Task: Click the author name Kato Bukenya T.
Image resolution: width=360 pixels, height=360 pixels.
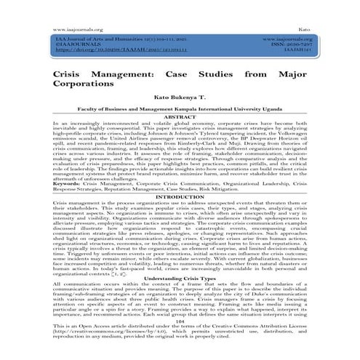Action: (179, 105)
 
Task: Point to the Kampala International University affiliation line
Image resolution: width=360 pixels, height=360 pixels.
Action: (179, 120)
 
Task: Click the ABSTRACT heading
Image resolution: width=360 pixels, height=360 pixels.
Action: (179, 128)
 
